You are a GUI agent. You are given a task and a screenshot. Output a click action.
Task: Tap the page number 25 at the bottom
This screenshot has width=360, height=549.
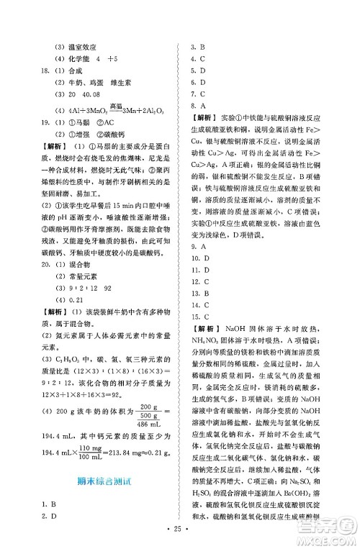click(x=180, y=538)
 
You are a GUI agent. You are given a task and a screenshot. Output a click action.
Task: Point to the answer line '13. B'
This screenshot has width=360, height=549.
click(x=199, y=294)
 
